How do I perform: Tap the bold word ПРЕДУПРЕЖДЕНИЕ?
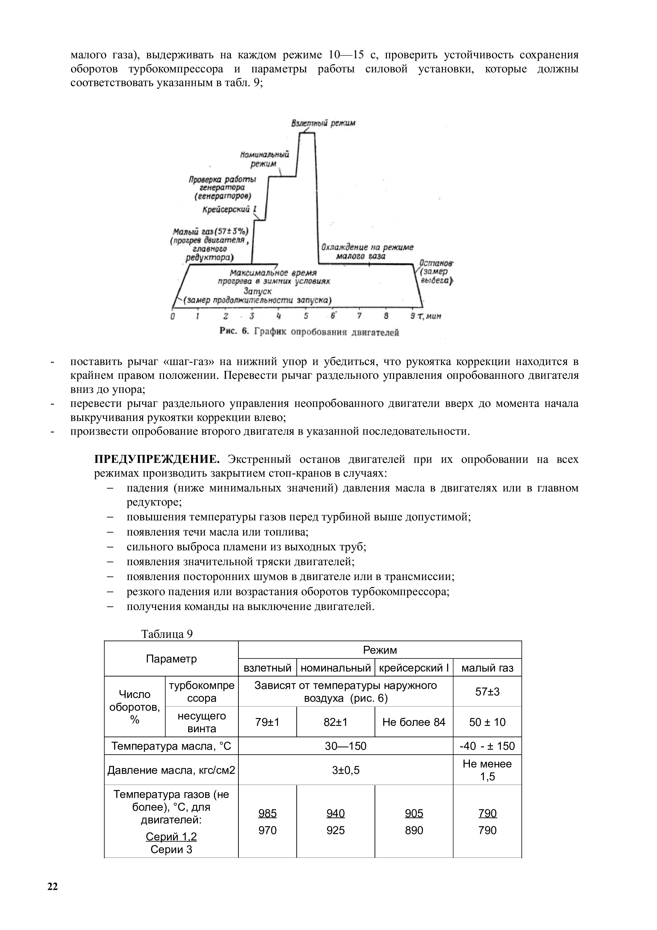[157, 459]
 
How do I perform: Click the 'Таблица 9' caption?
[166, 634]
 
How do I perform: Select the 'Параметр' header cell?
[171, 659]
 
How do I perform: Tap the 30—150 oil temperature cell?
[345, 746]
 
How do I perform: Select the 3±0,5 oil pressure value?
[345, 770]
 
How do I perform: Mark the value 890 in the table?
[414, 830]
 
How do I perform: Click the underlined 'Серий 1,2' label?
[171, 836]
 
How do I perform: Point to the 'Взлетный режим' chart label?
[323, 123]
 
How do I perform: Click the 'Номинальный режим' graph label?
[264, 159]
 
